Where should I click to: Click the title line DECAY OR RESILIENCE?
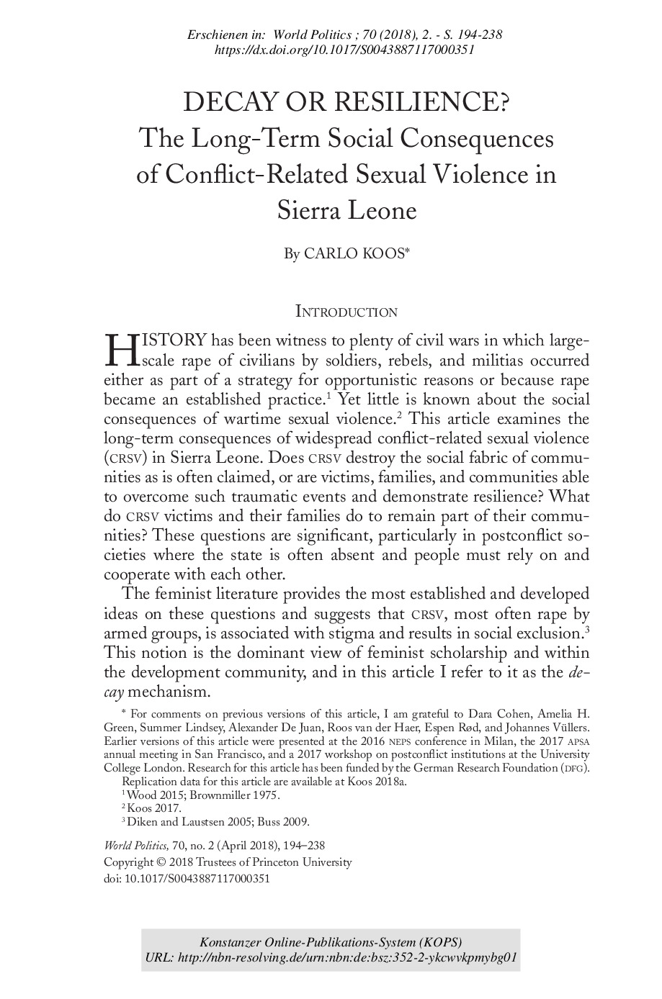[346, 103]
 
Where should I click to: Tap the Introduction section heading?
[346, 312]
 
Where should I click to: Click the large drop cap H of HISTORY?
[120, 349]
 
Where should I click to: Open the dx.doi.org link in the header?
[345, 50]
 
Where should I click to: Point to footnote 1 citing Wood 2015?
[202, 795]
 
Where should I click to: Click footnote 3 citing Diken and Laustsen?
[217, 822]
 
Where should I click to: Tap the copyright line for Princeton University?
[228, 862]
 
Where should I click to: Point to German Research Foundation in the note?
[486, 768]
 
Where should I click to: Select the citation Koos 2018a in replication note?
[377, 781]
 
